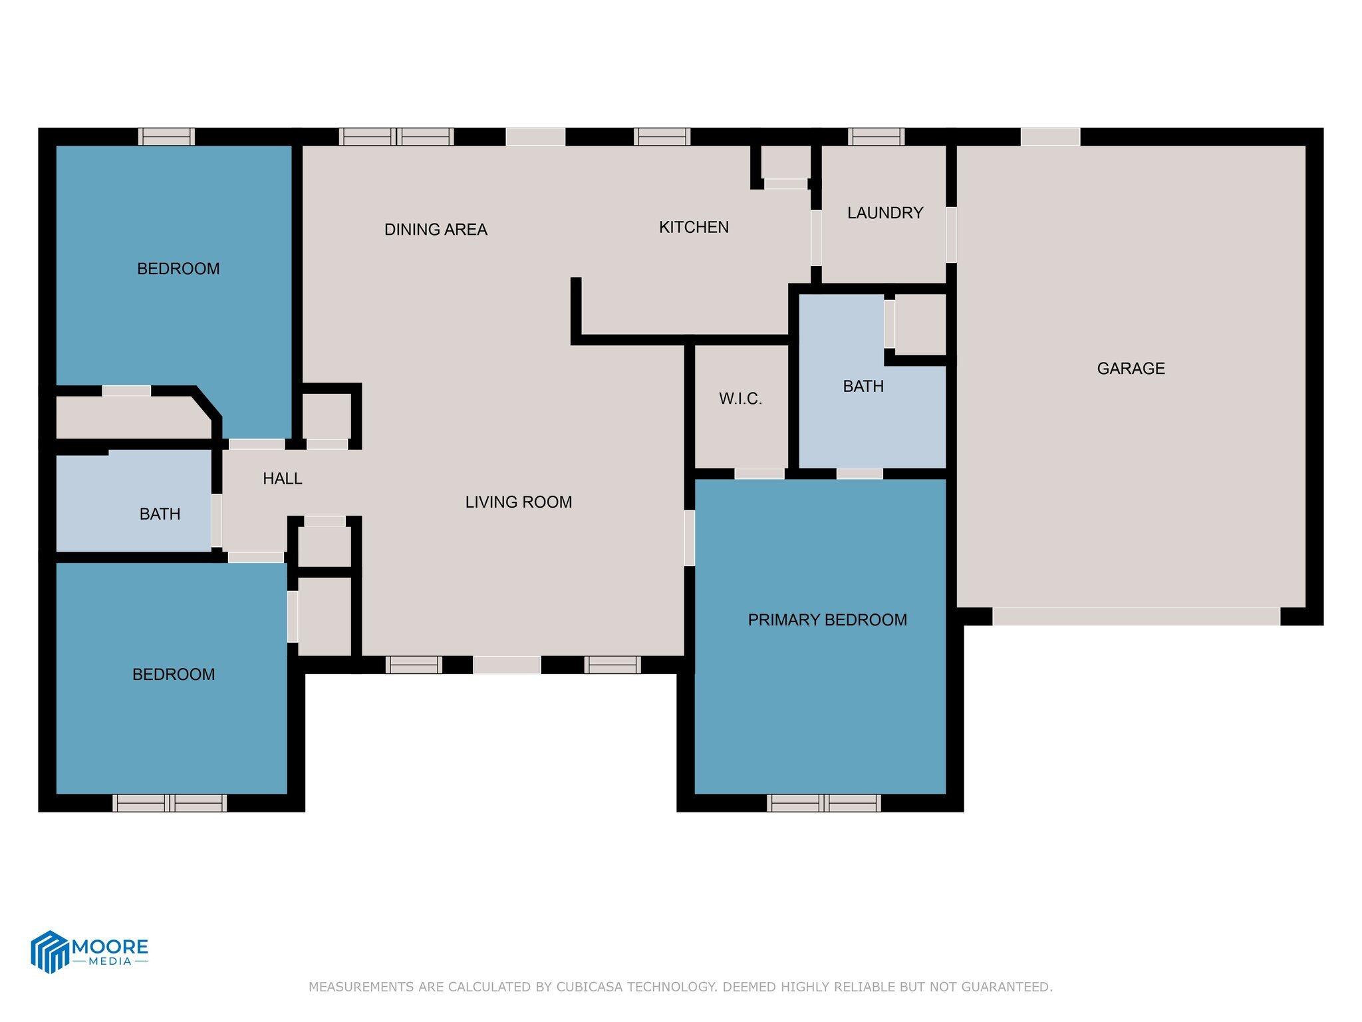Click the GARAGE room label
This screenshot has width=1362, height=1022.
pyautogui.click(x=1131, y=368)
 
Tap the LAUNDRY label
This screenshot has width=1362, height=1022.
pyautogui.click(x=885, y=213)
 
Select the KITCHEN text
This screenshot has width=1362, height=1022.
pyautogui.click(x=694, y=227)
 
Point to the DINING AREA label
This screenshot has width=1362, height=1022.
pyautogui.click(x=436, y=230)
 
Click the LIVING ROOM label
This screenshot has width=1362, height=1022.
pyautogui.click(x=518, y=502)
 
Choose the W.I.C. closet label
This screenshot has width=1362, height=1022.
pyautogui.click(x=740, y=399)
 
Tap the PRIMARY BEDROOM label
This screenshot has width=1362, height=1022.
pyautogui.click(x=827, y=619)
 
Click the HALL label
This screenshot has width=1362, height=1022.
pyautogui.click(x=282, y=478)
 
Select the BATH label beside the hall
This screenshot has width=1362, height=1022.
pyautogui.click(x=160, y=514)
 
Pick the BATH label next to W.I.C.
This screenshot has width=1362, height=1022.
pyautogui.click(x=863, y=386)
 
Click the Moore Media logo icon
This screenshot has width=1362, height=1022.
pyautogui.click(x=50, y=951)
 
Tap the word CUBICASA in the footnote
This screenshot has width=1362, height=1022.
pyautogui.click(x=589, y=987)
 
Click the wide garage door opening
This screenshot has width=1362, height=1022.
pyautogui.click(x=1136, y=617)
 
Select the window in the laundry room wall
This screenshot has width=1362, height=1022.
pyautogui.click(x=876, y=136)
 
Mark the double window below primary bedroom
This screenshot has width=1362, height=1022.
pyautogui.click(x=823, y=803)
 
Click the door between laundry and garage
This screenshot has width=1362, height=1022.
pyautogui.click(x=951, y=234)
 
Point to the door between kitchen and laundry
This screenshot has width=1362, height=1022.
pyautogui.click(x=816, y=238)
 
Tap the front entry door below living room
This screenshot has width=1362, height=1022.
pyautogui.click(x=507, y=665)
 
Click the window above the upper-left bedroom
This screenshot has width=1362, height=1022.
pyautogui.click(x=166, y=136)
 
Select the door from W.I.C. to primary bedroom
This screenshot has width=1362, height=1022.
pyautogui.click(x=759, y=474)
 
